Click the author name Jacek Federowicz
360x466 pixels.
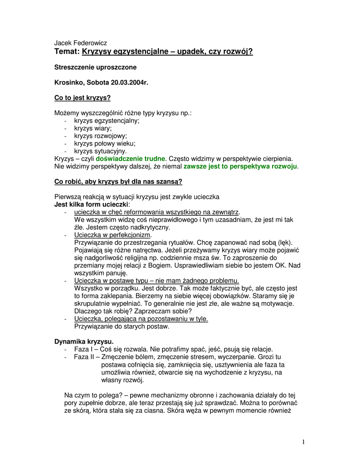point(81,43)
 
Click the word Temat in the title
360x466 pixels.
point(67,52)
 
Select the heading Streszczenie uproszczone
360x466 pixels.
point(95,67)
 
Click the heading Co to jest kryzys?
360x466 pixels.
point(82,98)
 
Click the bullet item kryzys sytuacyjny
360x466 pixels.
point(101,151)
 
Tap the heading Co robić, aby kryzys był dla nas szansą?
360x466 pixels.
point(118,182)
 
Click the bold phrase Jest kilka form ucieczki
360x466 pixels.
point(89,204)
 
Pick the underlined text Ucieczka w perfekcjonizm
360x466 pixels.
point(112,235)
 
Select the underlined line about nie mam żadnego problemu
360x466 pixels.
point(157,280)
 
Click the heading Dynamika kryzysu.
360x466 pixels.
point(84,341)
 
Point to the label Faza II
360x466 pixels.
point(84,357)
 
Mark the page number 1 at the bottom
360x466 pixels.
point(303,442)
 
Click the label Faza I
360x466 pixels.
point(83,349)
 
